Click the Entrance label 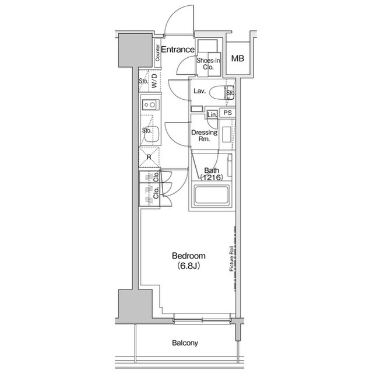coord(177,50)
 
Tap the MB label coord(237,58)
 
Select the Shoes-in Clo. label coord(207,64)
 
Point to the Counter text coord(158,53)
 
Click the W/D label coord(154,81)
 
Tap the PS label coord(228,113)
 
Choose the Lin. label coord(212,114)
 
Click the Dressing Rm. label coord(205,136)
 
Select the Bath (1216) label coord(210,173)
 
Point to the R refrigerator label coord(149,157)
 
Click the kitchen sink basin coord(152,133)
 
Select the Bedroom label coord(188,256)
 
